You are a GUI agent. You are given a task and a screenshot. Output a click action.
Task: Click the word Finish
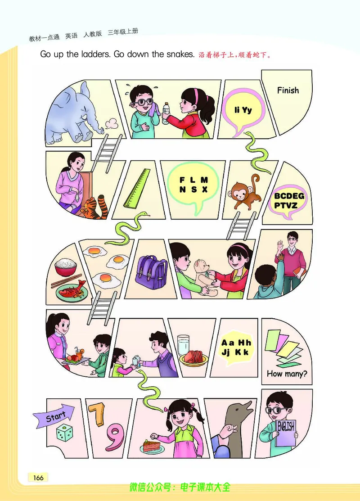(288, 90)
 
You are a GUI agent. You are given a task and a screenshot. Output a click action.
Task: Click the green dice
(64, 433)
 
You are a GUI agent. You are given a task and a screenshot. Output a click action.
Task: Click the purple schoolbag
(151, 272)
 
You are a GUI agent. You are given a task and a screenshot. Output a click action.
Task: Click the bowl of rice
(66, 267)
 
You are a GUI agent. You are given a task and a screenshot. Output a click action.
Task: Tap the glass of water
(183, 345)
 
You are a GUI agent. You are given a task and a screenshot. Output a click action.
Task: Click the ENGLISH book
(286, 433)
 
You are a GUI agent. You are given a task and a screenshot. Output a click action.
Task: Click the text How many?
(287, 374)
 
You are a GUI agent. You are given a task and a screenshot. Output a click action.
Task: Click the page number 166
(38, 477)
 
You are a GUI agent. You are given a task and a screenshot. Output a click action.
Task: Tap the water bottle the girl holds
(166, 113)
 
